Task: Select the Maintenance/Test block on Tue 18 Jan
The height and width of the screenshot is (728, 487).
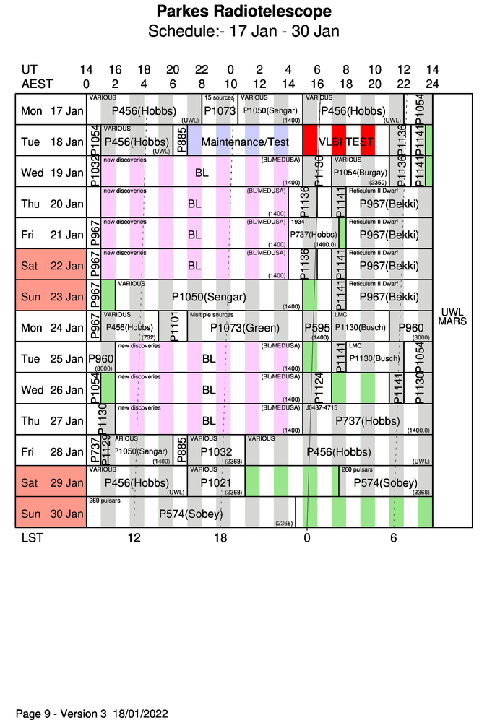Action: (245, 142)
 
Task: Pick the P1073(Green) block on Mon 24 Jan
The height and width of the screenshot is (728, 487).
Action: (244, 328)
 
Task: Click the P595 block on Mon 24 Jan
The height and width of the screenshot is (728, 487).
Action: (316, 328)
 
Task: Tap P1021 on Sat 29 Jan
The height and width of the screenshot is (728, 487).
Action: (216, 482)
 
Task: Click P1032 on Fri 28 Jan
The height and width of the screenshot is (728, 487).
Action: (216, 451)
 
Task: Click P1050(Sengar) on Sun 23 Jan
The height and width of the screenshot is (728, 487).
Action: (209, 297)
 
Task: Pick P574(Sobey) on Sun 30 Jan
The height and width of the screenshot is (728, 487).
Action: (191, 513)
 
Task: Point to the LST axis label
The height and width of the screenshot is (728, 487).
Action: (31, 538)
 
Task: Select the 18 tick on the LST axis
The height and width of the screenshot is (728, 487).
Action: (220, 538)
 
